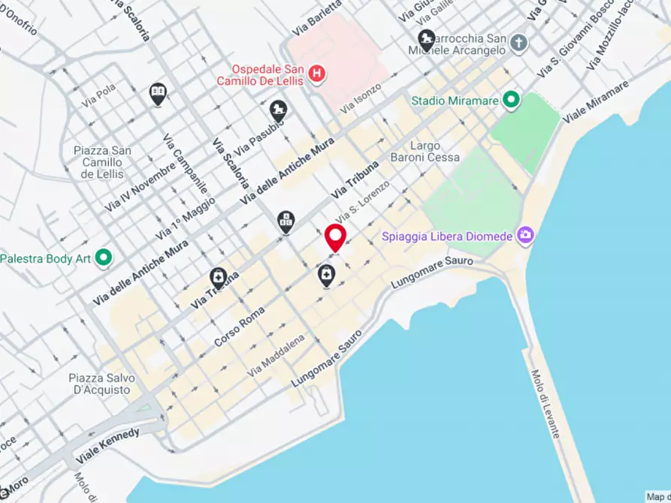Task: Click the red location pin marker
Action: coord(334,238)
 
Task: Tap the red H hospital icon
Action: coord(318,74)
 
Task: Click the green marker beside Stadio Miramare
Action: coord(512,100)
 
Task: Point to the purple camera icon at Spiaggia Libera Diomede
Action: coord(524,236)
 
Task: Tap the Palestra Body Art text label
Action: coord(45,258)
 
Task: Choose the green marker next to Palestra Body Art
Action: coord(104,258)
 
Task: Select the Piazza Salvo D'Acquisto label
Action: coord(98,384)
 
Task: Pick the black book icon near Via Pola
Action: coord(157,93)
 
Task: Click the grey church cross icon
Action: coord(518,42)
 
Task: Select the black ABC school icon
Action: coord(286,220)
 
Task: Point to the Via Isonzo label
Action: coord(361,98)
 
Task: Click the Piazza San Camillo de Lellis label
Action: coord(102,162)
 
